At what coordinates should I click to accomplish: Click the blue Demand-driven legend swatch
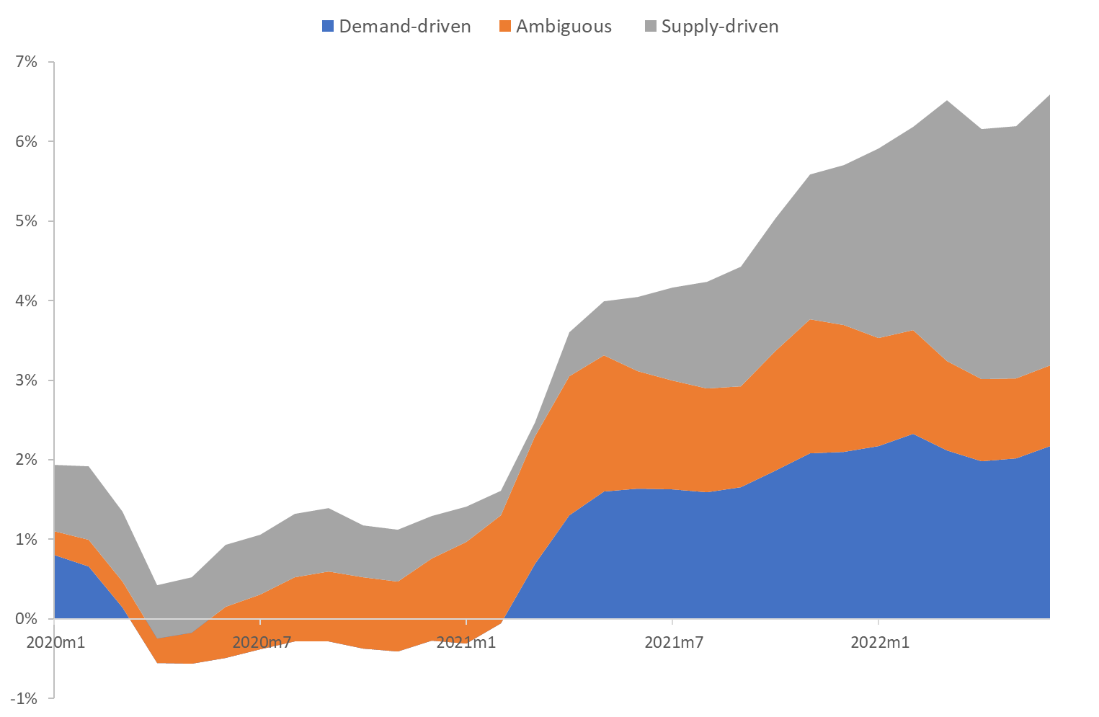pos(328,27)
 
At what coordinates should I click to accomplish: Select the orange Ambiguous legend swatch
pos(504,27)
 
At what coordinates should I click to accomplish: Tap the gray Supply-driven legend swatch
pos(650,27)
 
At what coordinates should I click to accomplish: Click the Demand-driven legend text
pos(404,27)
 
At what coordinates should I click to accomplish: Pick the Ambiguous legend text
pos(564,27)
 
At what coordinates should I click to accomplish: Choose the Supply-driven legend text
pos(719,27)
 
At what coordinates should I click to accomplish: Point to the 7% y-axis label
pos(26,62)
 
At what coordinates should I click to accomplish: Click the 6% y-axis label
pos(26,141)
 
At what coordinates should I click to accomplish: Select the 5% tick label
pos(26,221)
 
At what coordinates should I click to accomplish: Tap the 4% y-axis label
pos(26,300)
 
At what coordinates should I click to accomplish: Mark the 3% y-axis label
pos(26,380)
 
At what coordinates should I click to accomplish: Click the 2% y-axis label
pos(26,460)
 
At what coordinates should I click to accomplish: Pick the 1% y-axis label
pos(26,539)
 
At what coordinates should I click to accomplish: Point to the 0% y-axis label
pos(26,618)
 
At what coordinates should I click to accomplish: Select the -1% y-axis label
pos(23,698)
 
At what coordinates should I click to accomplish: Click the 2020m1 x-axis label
pos(55,642)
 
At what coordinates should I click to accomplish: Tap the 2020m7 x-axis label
pos(261,642)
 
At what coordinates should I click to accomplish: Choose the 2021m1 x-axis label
pos(466,642)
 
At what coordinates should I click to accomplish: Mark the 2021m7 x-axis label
pos(673,642)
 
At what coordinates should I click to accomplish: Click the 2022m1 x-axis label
pos(879,642)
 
